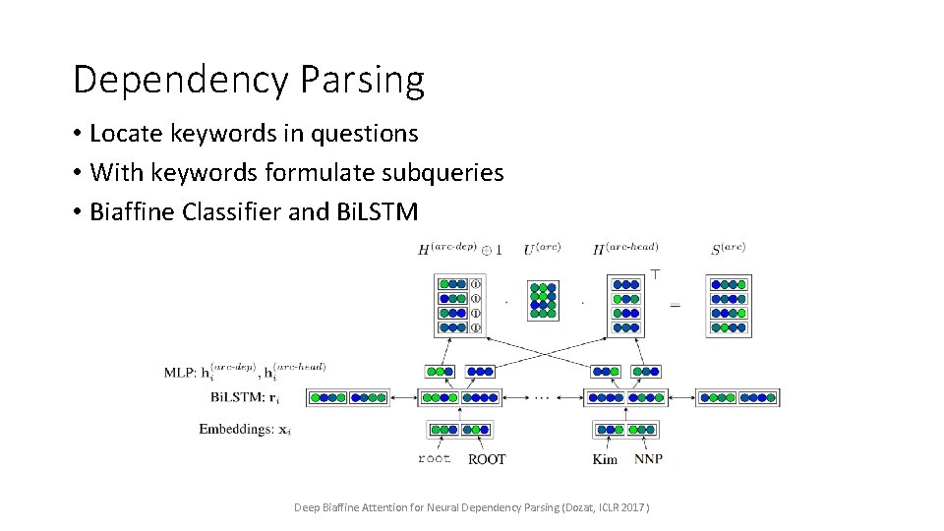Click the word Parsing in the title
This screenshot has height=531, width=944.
[x=371, y=80]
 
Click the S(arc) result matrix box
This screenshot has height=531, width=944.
[x=728, y=306]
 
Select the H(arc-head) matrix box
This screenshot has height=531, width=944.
[x=625, y=306]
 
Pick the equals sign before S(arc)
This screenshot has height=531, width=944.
[x=675, y=306]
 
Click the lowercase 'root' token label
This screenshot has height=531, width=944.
[x=434, y=458]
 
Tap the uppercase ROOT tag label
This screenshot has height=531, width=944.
[x=487, y=458]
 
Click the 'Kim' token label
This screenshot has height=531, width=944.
[x=605, y=458]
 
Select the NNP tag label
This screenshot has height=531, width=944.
[x=648, y=458]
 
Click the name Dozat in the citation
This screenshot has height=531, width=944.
[x=554, y=507]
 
